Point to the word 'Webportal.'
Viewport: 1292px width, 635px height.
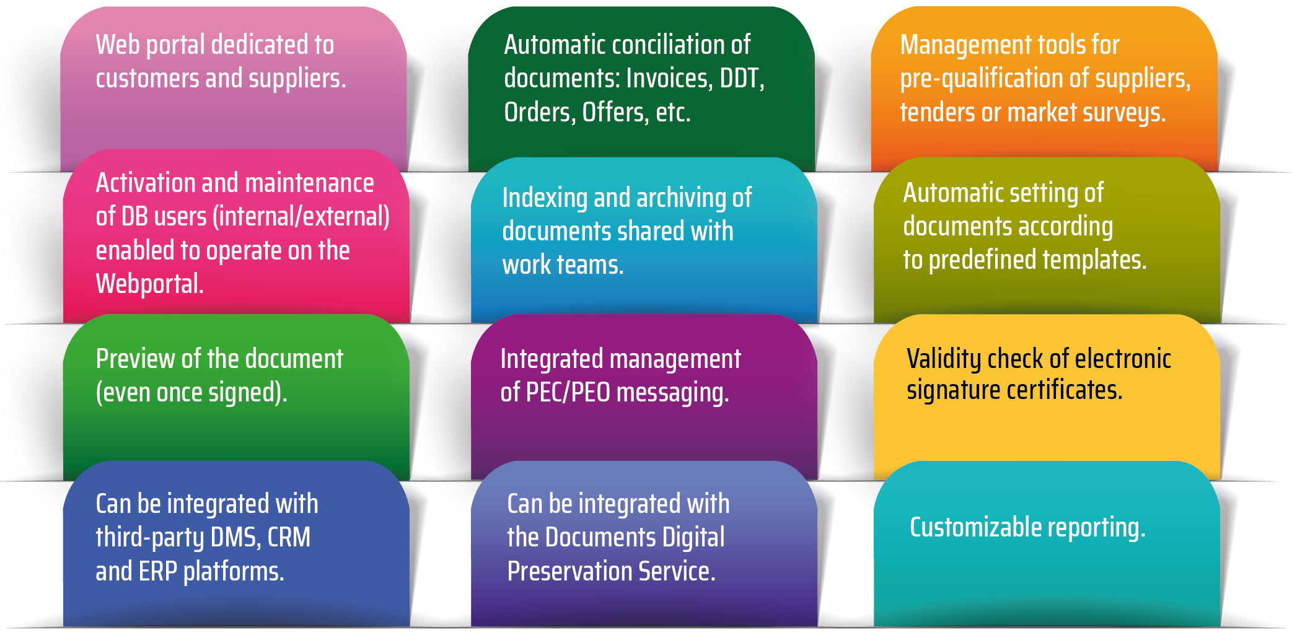[x=149, y=284]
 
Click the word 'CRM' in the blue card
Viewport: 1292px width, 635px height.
[x=289, y=538]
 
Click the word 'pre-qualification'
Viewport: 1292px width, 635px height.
[x=982, y=79]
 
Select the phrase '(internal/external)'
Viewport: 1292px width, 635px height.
[x=301, y=217]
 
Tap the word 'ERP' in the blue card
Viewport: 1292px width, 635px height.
[x=158, y=571]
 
